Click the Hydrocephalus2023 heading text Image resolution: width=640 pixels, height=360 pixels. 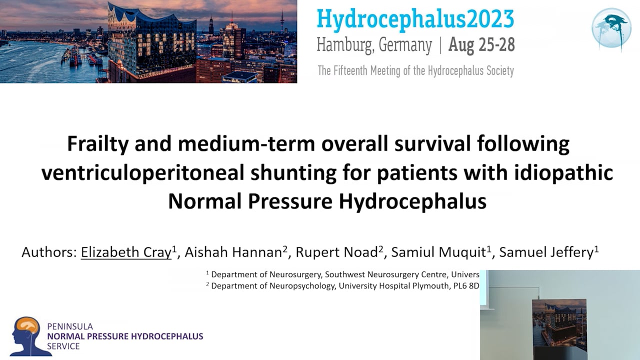point(415,19)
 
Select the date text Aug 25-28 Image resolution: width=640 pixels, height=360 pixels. point(481,45)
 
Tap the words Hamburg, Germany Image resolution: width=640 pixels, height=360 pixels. point(374,45)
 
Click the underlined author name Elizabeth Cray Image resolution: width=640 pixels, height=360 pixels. point(126,252)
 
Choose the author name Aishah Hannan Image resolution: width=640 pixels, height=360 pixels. point(233,252)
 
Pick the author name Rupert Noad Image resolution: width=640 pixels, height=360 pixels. point(336,252)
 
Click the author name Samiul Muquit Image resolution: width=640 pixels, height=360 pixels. point(438,252)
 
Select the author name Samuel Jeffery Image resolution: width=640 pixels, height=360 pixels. point(546,252)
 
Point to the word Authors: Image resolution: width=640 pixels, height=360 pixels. point(48,252)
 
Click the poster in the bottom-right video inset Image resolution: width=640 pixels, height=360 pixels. point(559,327)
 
